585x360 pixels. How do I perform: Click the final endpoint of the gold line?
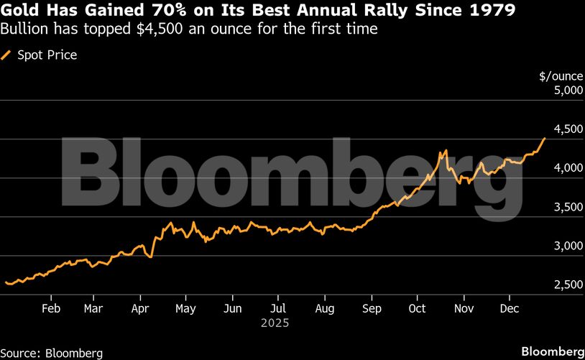point(544,138)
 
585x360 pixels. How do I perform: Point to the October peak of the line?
point(446,151)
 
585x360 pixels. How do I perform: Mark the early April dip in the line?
point(150,257)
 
